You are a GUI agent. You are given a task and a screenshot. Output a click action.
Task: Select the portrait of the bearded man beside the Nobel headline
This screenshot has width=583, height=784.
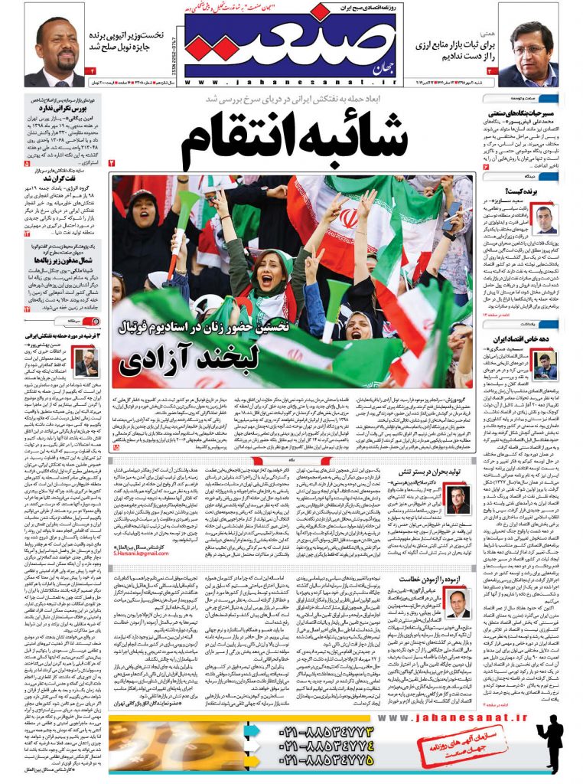[57, 53]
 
